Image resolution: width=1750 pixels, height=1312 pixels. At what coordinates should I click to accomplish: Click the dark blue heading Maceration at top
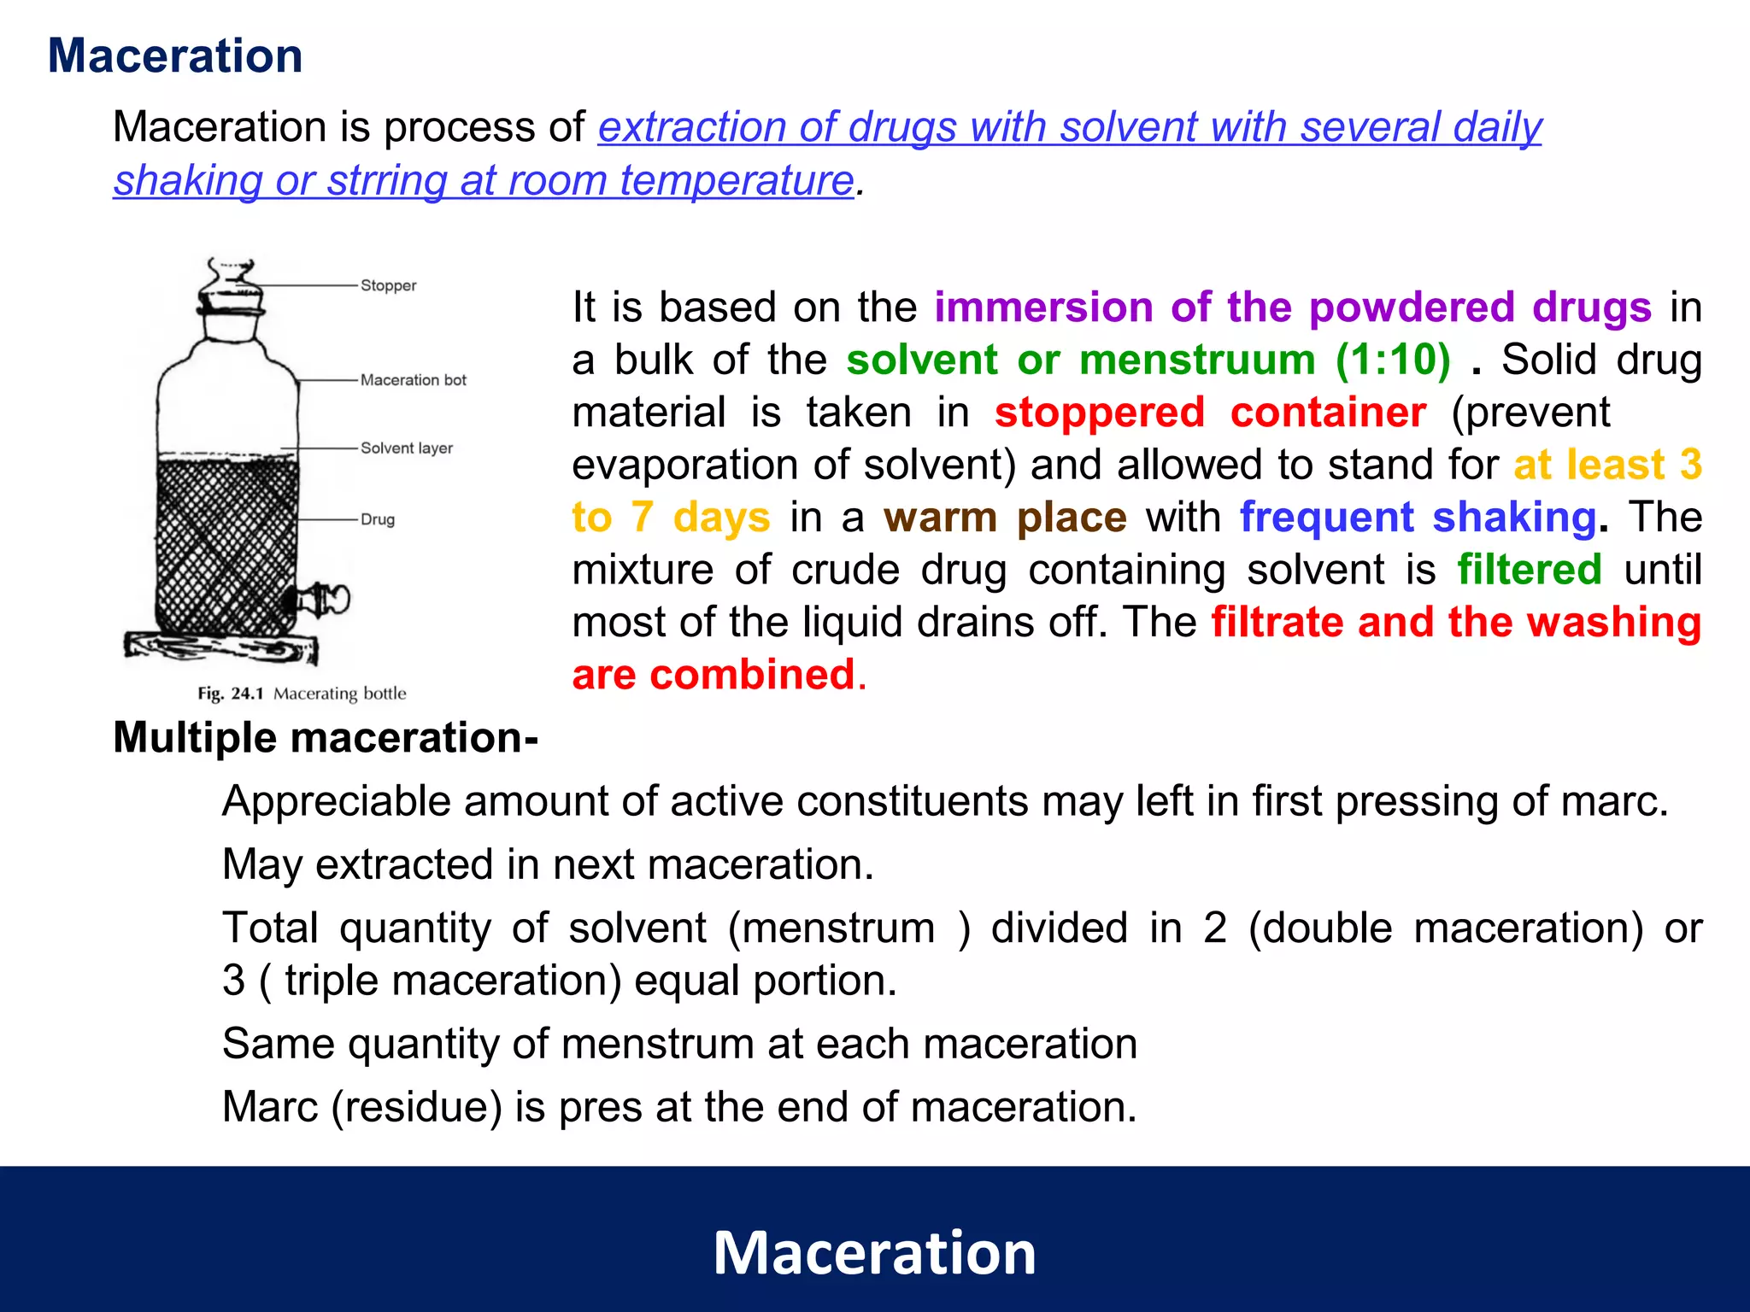(x=175, y=56)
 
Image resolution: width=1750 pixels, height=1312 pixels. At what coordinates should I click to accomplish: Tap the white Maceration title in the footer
(x=874, y=1253)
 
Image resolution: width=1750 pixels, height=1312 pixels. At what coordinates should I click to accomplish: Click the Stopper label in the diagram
(x=388, y=285)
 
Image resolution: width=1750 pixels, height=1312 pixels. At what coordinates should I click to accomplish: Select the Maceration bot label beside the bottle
(x=413, y=380)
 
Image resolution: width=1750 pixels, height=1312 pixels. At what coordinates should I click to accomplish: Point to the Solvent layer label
(x=406, y=448)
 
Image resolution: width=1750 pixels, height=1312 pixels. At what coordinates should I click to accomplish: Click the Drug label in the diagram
(x=377, y=519)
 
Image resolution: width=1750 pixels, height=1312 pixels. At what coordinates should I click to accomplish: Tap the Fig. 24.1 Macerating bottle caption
(x=302, y=694)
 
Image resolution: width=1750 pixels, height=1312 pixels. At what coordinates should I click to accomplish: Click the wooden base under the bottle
(x=220, y=647)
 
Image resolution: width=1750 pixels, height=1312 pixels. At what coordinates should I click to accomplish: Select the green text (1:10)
(x=1393, y=360)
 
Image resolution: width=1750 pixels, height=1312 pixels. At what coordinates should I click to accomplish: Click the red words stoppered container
(x=1210, y=413)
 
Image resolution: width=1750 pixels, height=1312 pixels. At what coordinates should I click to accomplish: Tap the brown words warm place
(x=1005, y=518)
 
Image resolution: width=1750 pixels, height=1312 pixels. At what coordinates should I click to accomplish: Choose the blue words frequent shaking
(x=1418, y=518)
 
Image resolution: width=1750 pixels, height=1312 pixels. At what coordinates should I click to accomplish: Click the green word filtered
(x=1529, y=570)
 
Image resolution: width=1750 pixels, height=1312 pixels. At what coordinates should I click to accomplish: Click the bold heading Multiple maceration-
(x=326, y=738)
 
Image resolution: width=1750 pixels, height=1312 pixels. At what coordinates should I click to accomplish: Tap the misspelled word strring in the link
(x=386, y=181)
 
